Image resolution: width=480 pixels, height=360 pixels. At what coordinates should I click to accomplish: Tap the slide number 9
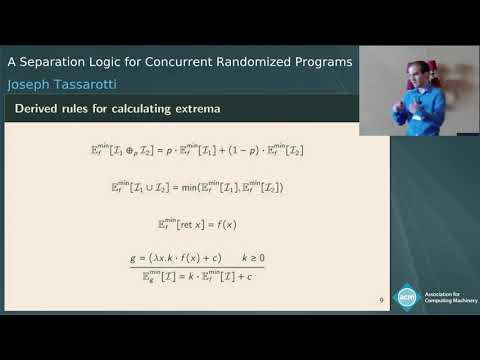[x=381, y=299]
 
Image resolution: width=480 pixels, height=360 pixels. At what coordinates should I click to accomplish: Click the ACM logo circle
[x=407, y=296]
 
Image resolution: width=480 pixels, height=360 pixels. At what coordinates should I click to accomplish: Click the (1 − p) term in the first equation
[x=228, y=150]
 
